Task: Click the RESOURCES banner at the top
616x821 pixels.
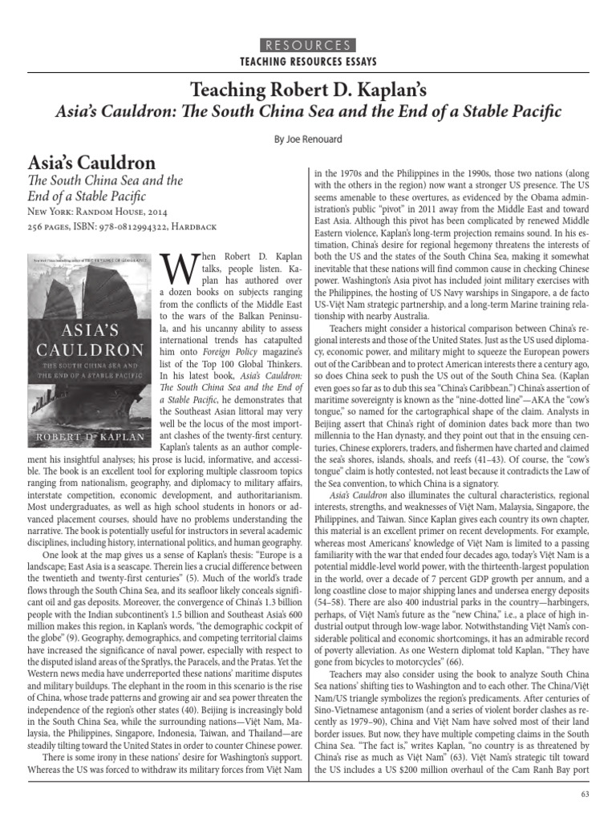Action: [308, 45]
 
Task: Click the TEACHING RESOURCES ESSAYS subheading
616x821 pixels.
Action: [308, 62]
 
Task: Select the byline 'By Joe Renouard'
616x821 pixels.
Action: [308, 138]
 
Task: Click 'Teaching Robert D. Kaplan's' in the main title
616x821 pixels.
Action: [308, 89]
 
